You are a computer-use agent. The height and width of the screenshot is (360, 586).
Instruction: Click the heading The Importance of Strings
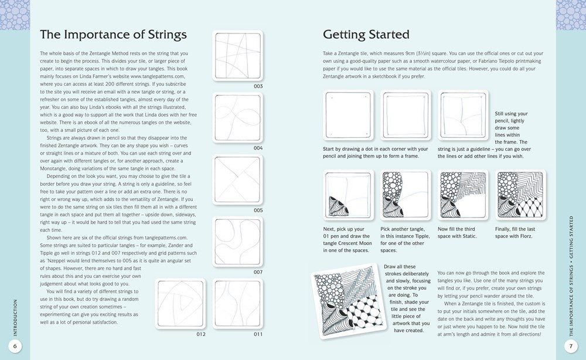click(x=113, y=34)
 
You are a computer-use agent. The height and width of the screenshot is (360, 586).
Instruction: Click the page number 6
click(x=16, y=347)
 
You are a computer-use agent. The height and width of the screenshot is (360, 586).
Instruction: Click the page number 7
click(x=571, y=347)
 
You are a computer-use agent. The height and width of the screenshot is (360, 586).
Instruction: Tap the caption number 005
click(x=258, y=210)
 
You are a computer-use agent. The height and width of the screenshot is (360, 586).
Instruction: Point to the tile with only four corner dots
click(x=348, y=116)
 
